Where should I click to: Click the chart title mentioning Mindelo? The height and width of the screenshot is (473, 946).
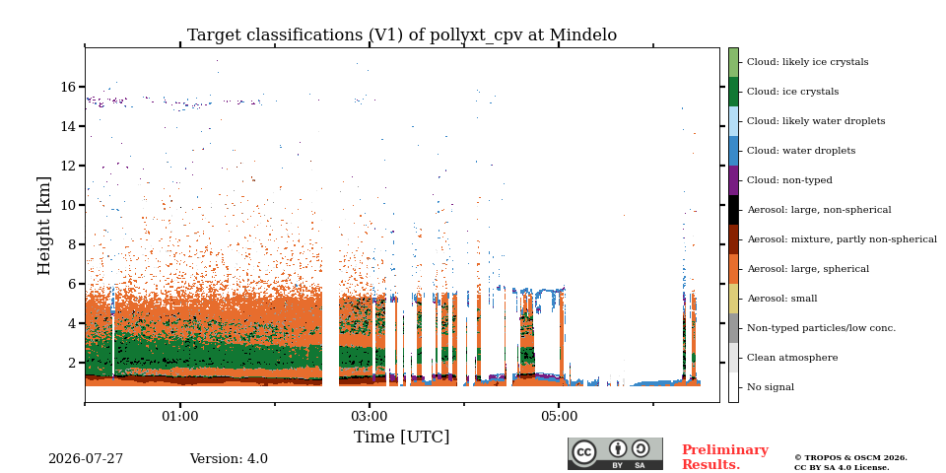click(402, 35)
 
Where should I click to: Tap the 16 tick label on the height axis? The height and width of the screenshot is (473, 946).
click(68, 87)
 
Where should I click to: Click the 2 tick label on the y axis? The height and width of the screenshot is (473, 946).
click(72, 363)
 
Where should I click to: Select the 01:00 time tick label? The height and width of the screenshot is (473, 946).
click(179, 416)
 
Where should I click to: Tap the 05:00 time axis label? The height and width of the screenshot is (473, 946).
click(559, 416)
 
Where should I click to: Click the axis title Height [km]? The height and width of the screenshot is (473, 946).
click(44, 226)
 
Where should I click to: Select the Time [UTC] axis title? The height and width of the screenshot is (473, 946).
click(402, 437)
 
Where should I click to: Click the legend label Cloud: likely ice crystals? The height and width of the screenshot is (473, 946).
click(808, 62)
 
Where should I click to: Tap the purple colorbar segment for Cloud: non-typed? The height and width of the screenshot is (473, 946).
click(733, 180)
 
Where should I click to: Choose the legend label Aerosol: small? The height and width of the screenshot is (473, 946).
click(781, 299)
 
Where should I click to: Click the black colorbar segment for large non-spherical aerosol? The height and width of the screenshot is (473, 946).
click(733, 210)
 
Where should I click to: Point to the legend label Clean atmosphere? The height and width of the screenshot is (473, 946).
click(792, 358)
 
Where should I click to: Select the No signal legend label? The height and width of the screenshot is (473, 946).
click(771, 387)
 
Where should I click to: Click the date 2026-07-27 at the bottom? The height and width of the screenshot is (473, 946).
click(86, 459)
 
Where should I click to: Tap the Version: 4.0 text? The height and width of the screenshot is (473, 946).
click(229, 459)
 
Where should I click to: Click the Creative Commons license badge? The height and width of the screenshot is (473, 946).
click(615, 453)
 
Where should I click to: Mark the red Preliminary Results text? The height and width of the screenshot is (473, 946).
click(725, 457)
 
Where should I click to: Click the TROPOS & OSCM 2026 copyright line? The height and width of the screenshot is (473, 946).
click(850, 458)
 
